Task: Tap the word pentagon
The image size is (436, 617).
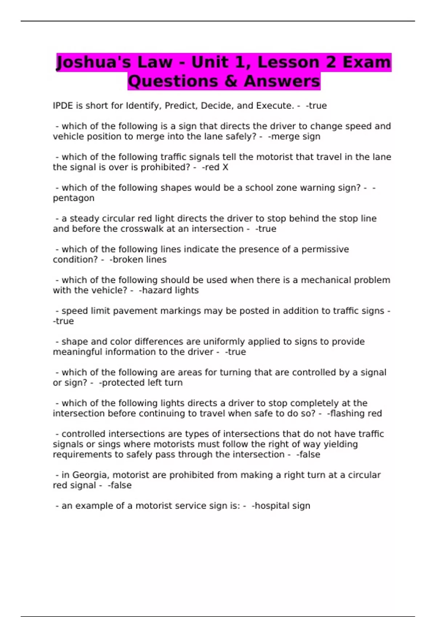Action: (x=73, y=198)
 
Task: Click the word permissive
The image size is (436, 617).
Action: (x=325, y=249)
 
